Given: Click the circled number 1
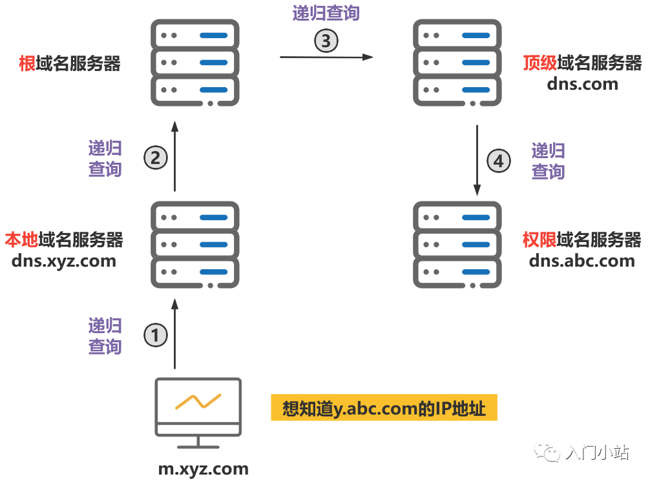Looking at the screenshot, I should click(x=155, y=335).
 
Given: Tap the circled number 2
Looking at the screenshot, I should click(x=155, y=158).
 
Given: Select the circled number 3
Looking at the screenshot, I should click(x=326, y=41).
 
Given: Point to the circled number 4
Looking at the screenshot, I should click(x=498, y=161).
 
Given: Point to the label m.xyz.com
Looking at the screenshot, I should click(x=204, y=469).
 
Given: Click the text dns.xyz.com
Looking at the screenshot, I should click(x=63, y=261).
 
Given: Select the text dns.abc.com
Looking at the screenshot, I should click(x=582, y=261).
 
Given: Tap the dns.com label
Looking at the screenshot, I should click(x=582, y=83).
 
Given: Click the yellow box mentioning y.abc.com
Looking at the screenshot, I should click(x=384, y=409).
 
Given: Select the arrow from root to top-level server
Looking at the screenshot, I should click(x=326, y=57).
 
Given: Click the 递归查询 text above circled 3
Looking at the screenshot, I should click(x=326, y=13).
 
